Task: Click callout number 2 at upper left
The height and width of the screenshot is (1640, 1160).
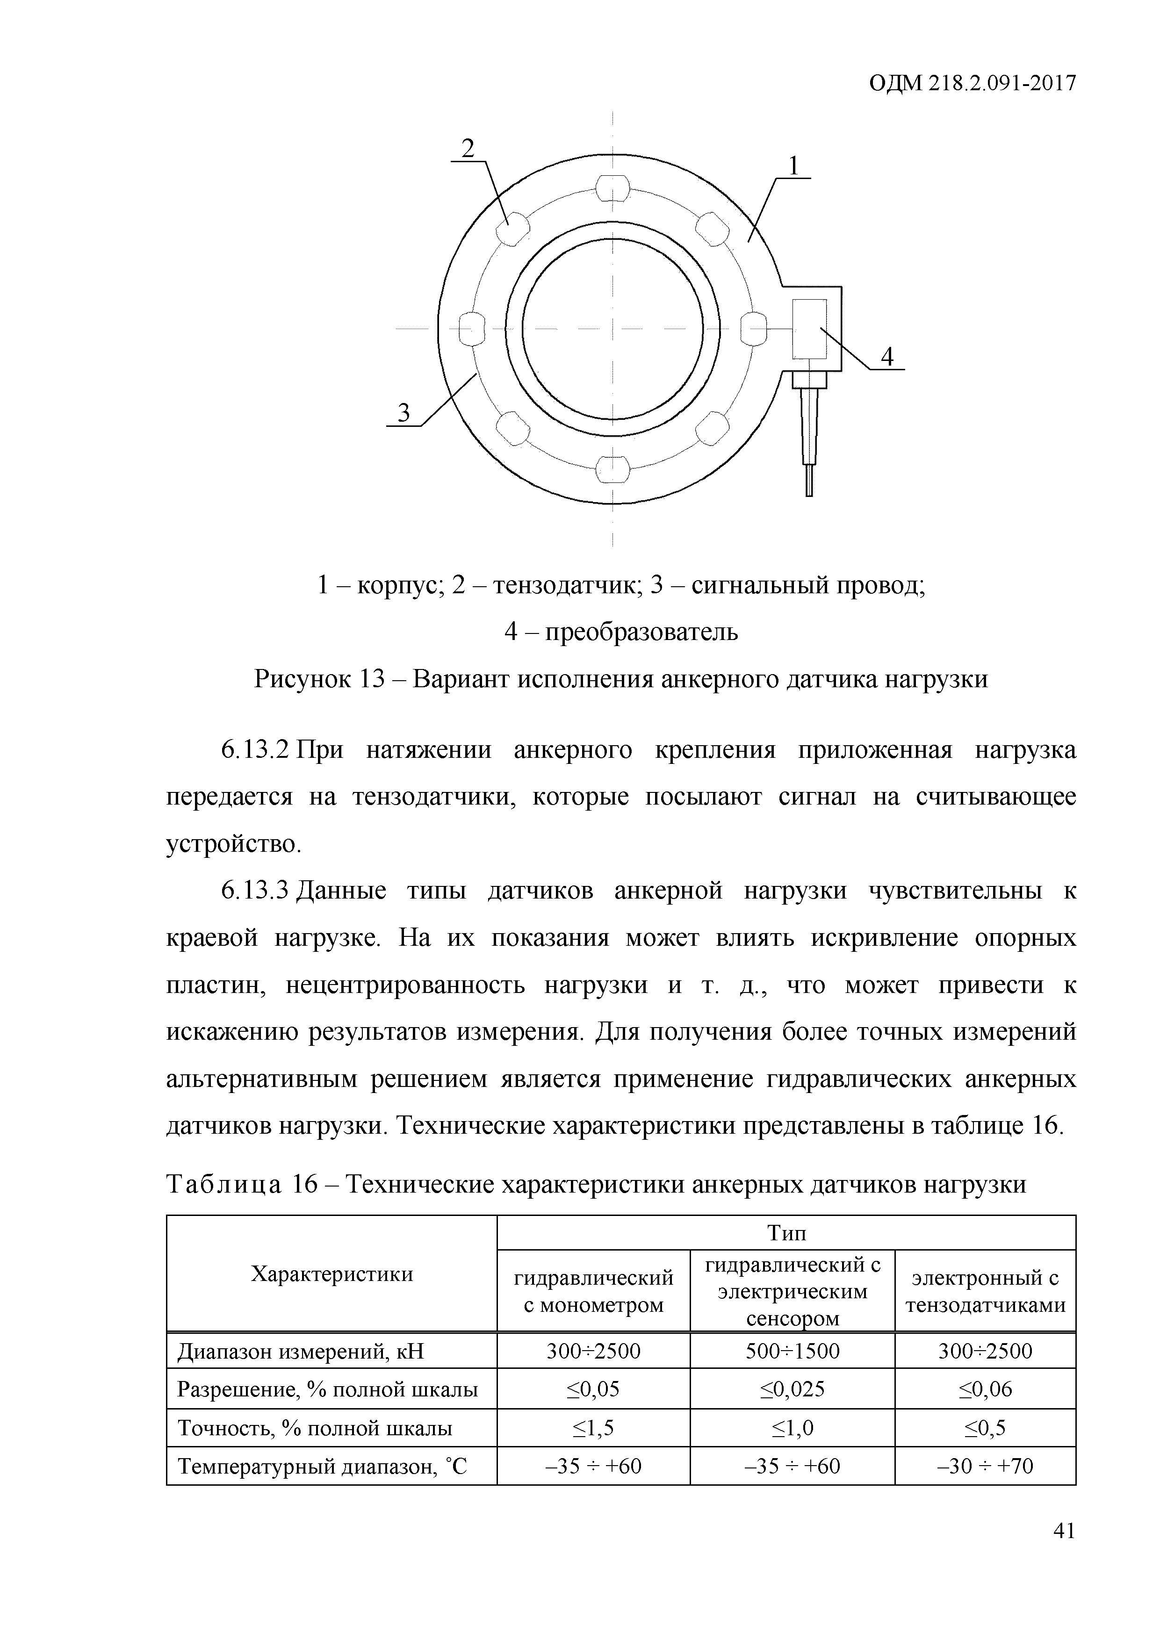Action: (x=468, y=149)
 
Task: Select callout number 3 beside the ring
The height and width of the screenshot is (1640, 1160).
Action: (x=404, y=413)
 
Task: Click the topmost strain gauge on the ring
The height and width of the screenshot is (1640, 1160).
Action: (x=613, y=189)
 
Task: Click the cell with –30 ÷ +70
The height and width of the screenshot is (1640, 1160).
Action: (x=985, y=1466)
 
